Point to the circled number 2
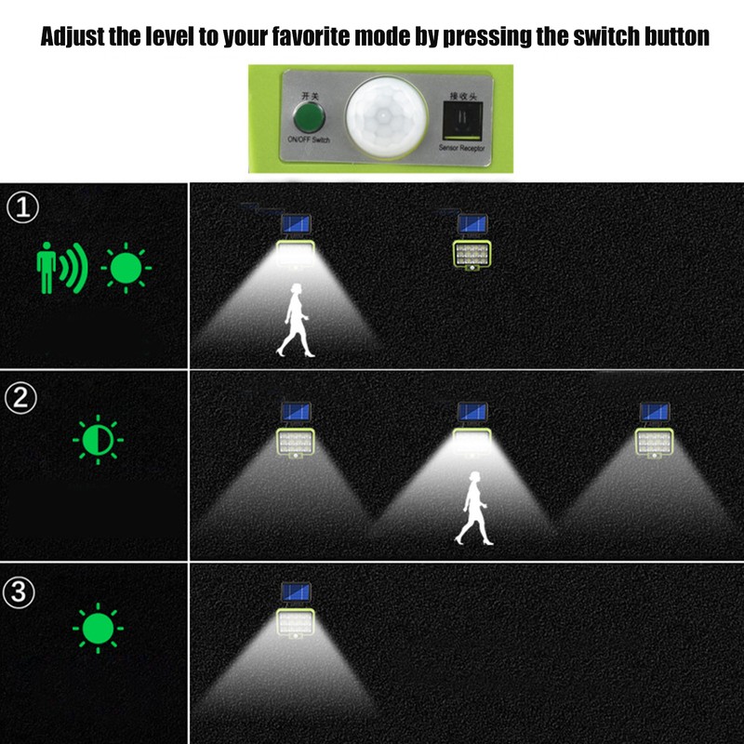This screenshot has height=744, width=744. [x=20, y=398]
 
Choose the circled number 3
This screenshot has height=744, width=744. [x=20, y=591]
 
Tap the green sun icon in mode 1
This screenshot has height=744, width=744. [x=126, y=269]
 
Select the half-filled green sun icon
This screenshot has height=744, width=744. [x=98, y=440]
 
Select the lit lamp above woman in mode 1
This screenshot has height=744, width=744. [x=298, y=244]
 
